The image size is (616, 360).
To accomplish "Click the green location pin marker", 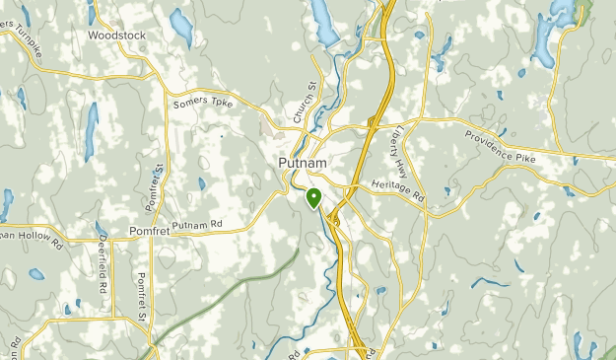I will pos(313,197).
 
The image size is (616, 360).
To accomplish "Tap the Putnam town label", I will pos(304,164).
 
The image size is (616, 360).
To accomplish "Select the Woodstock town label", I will pos(116,35).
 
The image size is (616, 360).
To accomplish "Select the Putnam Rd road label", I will pos(197,226).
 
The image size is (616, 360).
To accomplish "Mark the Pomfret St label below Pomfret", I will pos(142,297).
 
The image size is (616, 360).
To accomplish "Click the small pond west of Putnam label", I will pos(201,182).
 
